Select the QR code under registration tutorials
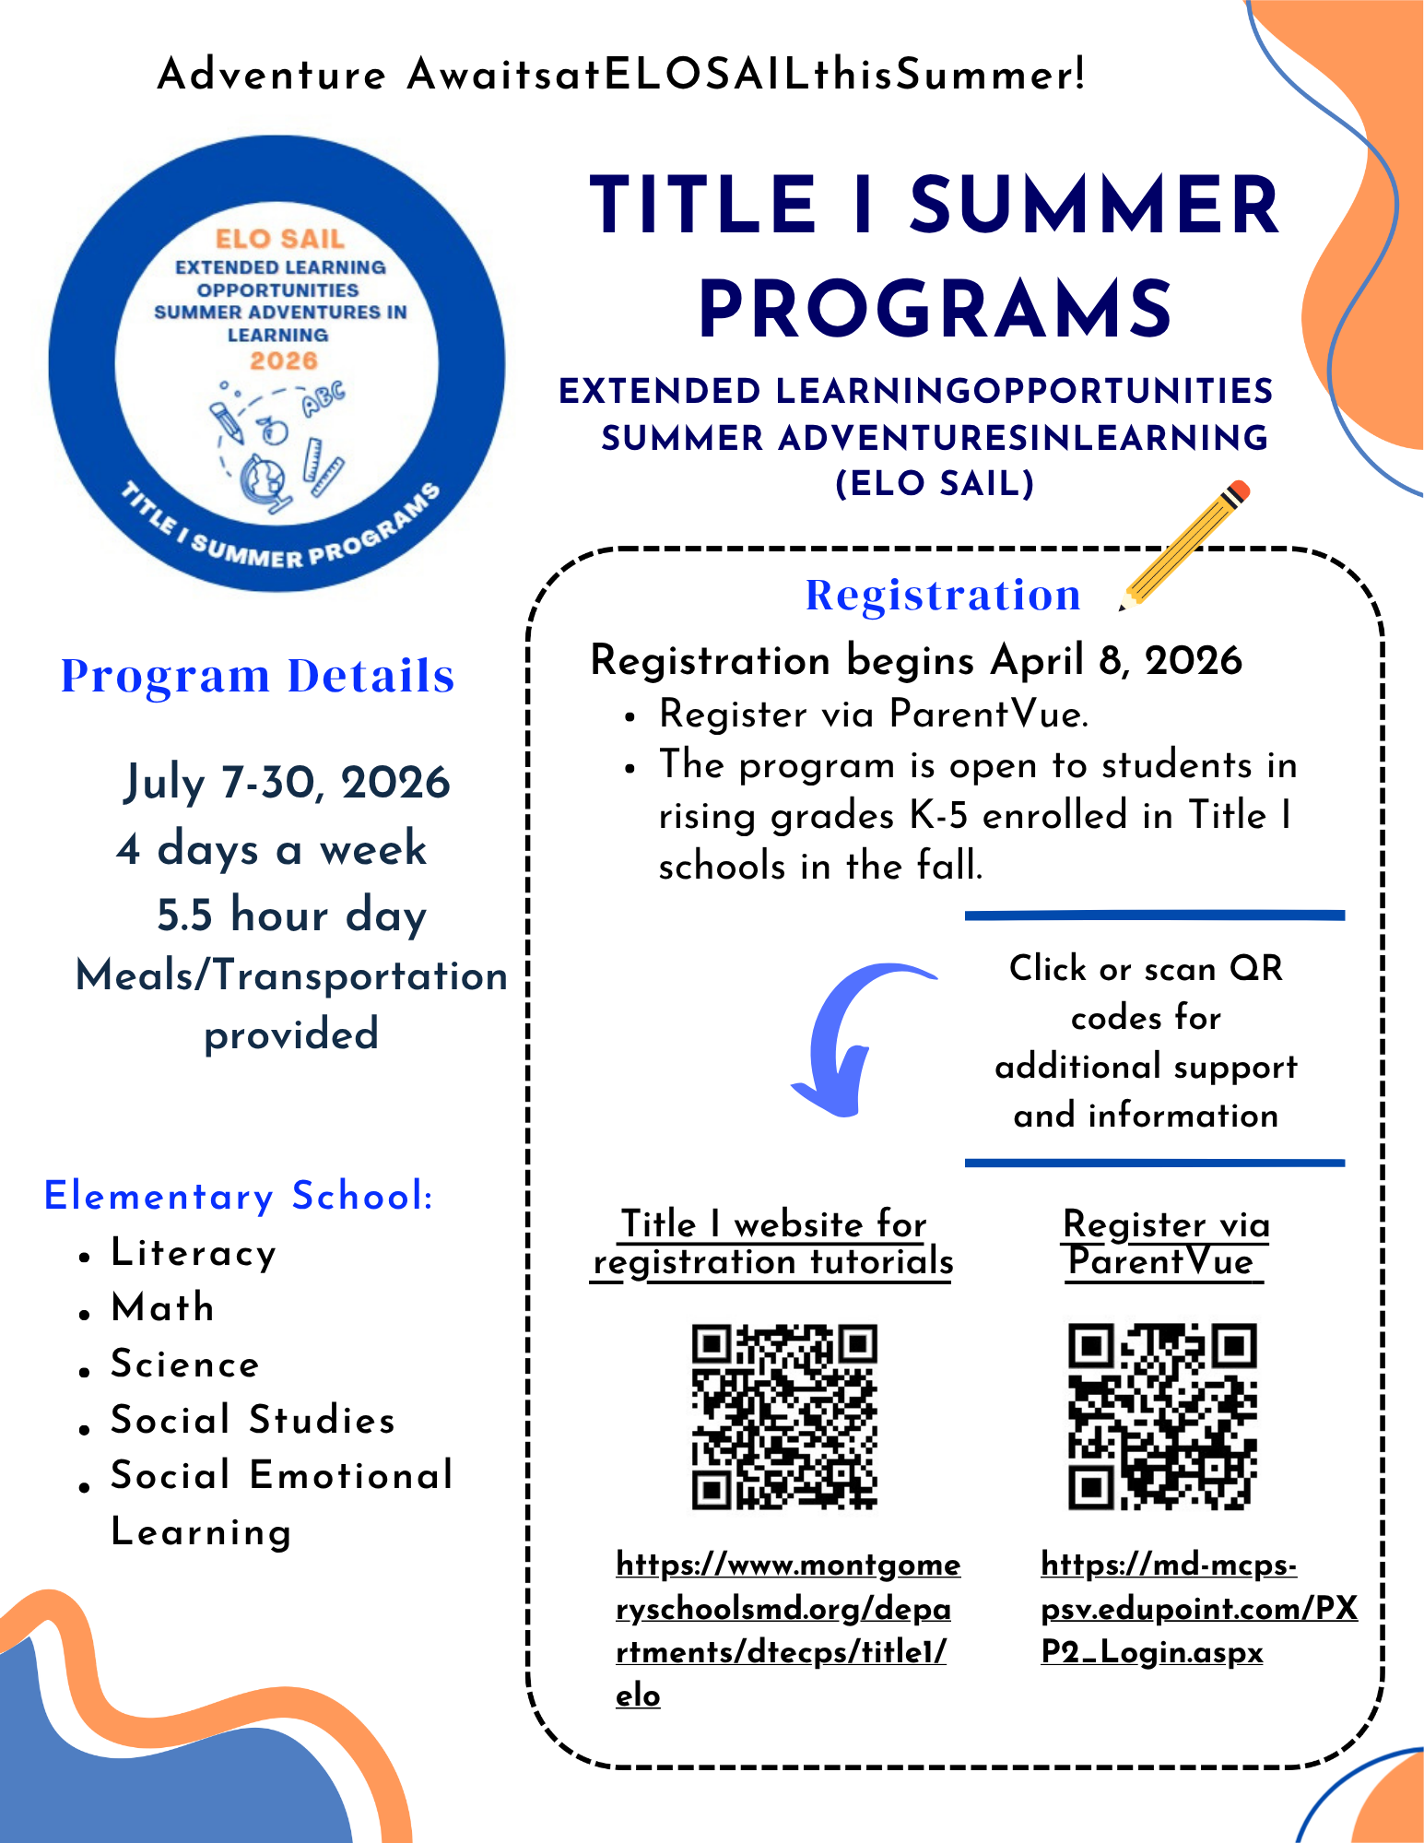pyautogui.click(x=783, y=1416)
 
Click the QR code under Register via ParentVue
pyautogui.click(x=1161, y=1416)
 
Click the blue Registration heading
pyautogui.click(x=943, y=595)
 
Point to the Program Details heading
pyautogui.click(x=257, y=676)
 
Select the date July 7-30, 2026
pyautogui.click(x=287, y=783)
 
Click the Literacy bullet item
pyautogui.click(x=194, y=1253)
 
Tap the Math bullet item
pyautogui.click(x=163, y=1307)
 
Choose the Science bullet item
pyautogui.click(x=185, y=1364)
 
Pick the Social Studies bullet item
pyautogui.click(x=253, y=1420)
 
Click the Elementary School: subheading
pyautogui.click(x=239, y=1196)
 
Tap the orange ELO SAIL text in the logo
pyautogui.click(x=280, y=239)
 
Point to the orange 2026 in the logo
pyautogui.click(x=284, y=360)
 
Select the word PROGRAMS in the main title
pyautogui.click(x=935, y=309)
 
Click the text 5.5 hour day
pyautogui.click(x=291, y=915)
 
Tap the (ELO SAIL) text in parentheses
pyautogui.click(x=935, y=483)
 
